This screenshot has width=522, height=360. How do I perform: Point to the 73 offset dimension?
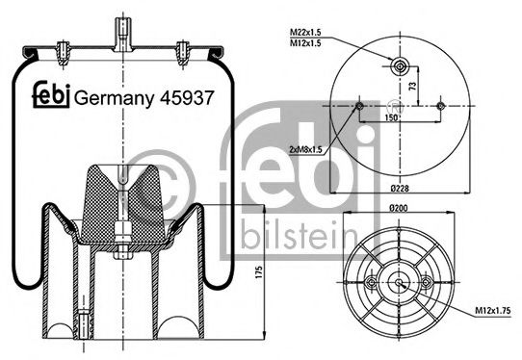412,87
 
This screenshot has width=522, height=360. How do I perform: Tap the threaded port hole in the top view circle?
400,65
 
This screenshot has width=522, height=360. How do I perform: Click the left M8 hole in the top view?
358,106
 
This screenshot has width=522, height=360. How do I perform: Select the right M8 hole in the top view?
440,106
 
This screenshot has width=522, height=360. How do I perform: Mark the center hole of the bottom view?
399,282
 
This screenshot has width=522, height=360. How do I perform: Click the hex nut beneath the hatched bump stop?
124,230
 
